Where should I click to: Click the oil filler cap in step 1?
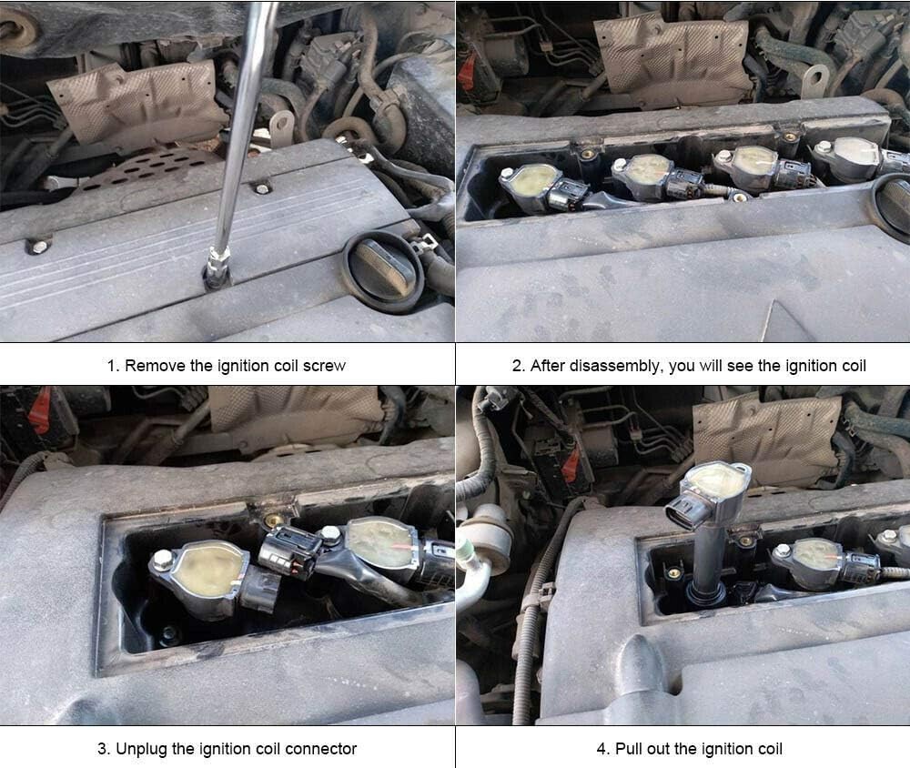[383, 273]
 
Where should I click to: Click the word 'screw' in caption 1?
[325, 366]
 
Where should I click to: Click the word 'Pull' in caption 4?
[628, 749]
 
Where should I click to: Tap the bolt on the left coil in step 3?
[161, 560]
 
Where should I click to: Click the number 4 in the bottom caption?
[602, 749]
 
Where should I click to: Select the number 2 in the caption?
[517, 366]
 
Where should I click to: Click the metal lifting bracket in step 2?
[815, 79]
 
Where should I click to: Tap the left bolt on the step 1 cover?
[38, 247]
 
